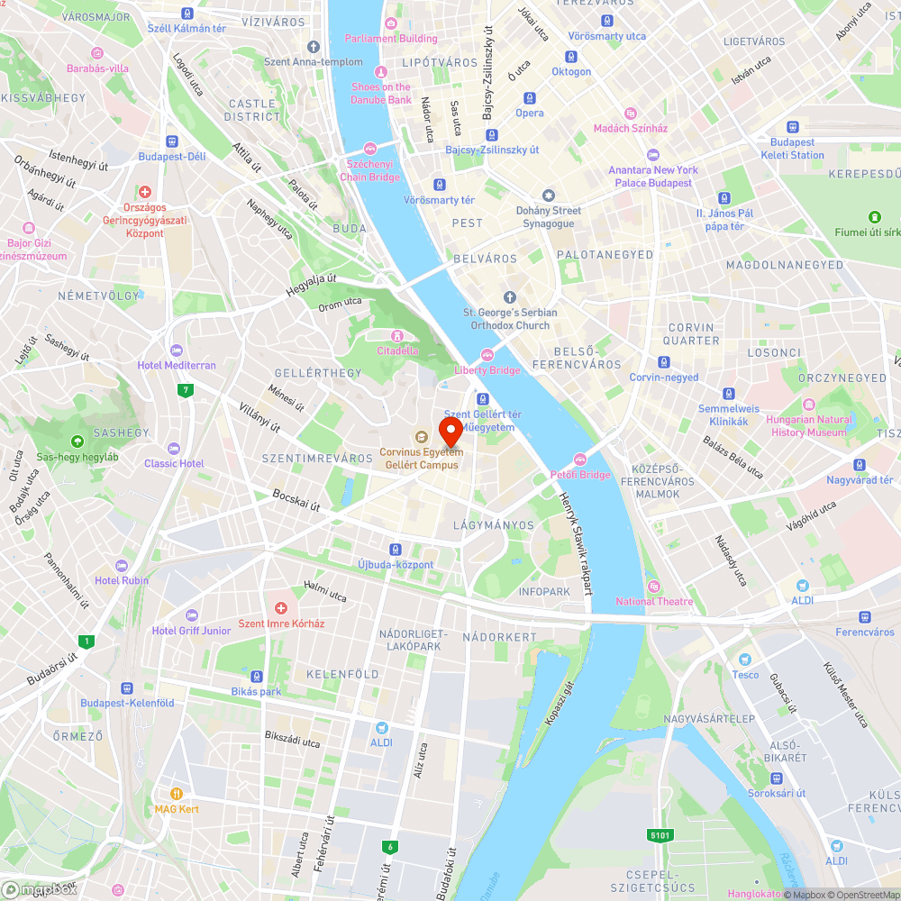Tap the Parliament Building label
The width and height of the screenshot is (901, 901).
[x=391, y=39]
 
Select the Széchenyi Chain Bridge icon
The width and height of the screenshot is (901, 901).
[x=369, y=149]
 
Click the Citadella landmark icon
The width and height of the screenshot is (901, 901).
[x=396, y=336]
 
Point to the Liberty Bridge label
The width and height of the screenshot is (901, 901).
[x=487, y=370]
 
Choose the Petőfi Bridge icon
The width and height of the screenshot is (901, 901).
[x=580, y=460]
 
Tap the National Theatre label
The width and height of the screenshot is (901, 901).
[x=654, y=601]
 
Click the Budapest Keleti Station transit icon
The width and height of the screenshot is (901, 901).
[x=793, y=128]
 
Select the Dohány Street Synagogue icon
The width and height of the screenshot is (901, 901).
[x=548, y=196]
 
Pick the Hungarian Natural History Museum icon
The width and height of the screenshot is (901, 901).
[x=809, y=405]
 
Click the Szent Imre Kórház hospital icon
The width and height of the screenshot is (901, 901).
[x=281, y=609]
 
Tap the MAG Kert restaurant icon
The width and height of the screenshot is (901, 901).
[x=177, y=794]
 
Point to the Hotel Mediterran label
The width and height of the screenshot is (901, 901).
[x=177, y=365]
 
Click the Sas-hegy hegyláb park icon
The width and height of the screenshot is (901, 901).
[x=77, y=441]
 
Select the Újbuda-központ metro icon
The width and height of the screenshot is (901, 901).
[x=395, y=550]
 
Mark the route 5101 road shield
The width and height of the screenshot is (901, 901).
[x=660, y=835]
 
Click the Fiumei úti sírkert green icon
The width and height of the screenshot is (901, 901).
[x=874, y=217]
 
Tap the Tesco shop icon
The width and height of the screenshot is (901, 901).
[x=744, y=660]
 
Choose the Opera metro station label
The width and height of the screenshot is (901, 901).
[x=530, y=113]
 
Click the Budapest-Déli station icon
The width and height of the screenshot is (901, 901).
[x=171, y=141]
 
